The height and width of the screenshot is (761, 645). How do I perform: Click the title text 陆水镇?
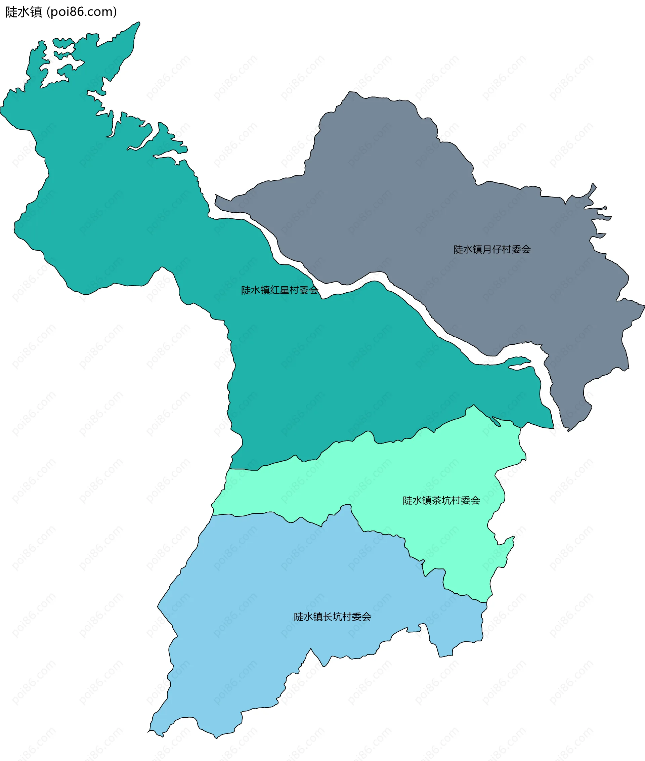(24, 12)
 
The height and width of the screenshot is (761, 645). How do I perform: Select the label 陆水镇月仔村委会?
(492, 249)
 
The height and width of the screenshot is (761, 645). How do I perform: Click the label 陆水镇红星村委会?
(279, 290)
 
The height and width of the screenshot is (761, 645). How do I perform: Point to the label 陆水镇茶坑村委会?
(441, 500)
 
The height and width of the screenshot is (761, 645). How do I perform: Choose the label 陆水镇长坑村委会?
(332, 617)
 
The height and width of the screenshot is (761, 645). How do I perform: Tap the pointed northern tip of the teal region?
(139, 23)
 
